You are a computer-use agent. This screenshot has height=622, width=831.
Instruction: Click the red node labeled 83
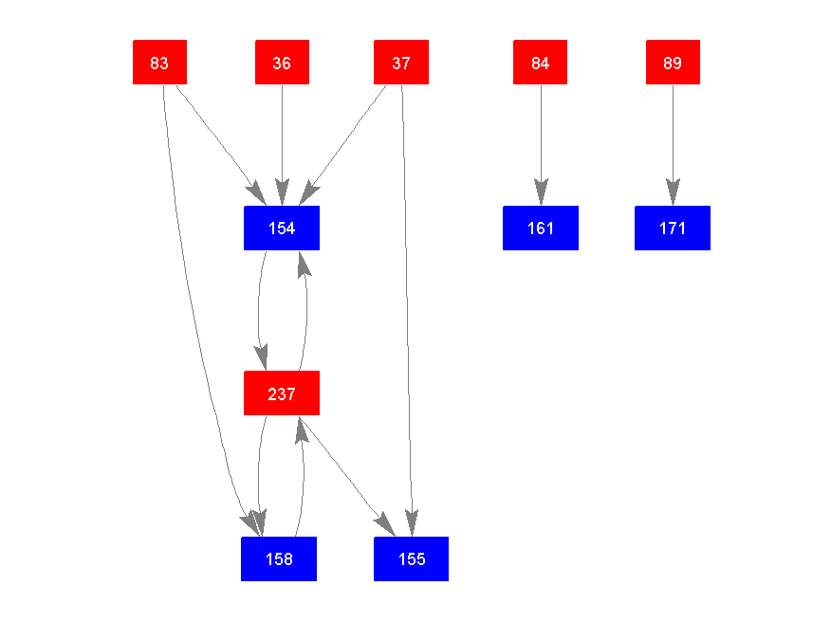coord(159,63)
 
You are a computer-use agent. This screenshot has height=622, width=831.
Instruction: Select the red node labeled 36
coord(282,63)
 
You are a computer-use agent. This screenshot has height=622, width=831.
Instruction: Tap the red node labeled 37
coord(401,63)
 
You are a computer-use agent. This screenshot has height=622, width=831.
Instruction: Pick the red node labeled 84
coord(540,63)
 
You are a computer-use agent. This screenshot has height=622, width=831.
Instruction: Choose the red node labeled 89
coord(673,63)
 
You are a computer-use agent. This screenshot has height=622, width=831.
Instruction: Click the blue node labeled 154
coord(282,229)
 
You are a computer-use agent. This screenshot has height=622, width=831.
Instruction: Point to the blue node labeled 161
coord(541,229)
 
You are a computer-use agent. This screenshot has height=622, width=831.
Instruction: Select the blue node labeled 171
coord(673,229)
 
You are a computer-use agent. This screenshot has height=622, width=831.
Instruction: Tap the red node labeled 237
coord(282,393)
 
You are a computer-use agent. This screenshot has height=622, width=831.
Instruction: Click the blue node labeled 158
coord(279,559)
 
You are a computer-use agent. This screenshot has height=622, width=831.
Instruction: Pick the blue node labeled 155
coord(411,559)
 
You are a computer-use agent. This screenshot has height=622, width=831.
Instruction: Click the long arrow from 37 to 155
coord(407,303)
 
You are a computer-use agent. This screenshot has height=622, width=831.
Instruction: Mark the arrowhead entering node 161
coord(541,193)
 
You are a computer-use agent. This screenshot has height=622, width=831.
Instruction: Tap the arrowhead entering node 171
coord(673,193)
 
